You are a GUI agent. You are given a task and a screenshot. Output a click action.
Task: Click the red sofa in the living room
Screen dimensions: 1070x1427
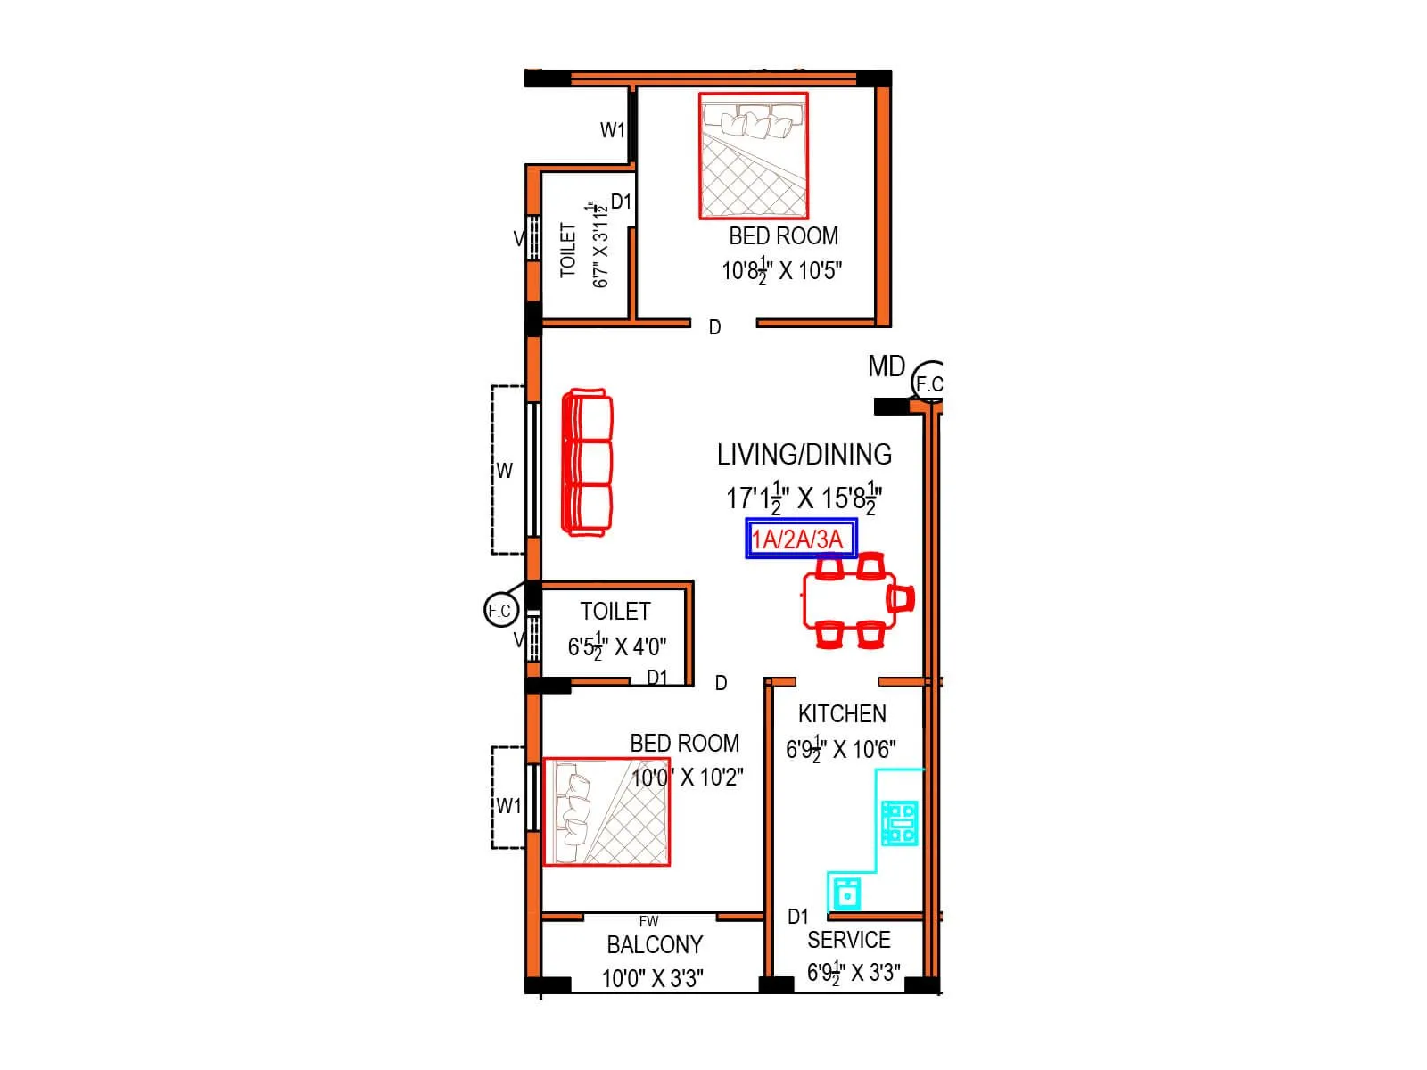coord(587,463)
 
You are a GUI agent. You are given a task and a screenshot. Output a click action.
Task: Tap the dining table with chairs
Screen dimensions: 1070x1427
coord(851,599)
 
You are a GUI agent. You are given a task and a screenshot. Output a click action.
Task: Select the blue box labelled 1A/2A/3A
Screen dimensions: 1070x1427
coord(801,539)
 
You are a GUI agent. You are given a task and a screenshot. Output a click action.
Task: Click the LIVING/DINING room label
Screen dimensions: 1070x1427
coord(804,455)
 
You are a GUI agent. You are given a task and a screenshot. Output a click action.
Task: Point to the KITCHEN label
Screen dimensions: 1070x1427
coord(842,714)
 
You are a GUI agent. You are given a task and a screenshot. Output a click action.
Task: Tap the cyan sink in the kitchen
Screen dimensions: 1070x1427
coord(845,892)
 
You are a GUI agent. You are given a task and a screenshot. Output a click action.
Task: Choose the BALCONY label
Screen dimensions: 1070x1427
coord(655,945)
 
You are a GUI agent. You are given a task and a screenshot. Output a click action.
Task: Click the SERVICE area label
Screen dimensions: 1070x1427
coord(848,941)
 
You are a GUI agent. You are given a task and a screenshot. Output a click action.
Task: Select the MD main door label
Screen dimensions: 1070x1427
coord(886,366)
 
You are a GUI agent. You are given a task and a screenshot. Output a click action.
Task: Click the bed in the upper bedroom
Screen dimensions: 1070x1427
coord(754,156)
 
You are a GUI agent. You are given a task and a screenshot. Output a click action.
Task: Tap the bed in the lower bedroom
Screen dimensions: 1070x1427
coord(606,811)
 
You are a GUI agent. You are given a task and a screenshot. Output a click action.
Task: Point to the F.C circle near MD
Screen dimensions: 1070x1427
coord(928,383)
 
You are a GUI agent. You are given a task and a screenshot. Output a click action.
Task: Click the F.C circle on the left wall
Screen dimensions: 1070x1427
coord(499,611)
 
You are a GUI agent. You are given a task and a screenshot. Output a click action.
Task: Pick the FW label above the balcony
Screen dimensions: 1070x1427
coord(648,922)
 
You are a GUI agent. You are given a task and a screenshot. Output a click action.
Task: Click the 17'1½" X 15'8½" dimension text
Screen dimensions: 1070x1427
coord(804,498)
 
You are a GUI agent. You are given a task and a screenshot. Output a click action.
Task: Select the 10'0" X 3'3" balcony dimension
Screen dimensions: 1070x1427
coord(652,978)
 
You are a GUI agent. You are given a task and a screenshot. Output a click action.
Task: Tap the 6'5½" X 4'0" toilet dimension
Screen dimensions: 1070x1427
coord(617,646)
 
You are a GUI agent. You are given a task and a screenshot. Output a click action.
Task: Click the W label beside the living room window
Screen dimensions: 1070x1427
coord(504,471)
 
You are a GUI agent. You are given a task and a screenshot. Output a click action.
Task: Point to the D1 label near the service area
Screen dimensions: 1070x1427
coord(797,917)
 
